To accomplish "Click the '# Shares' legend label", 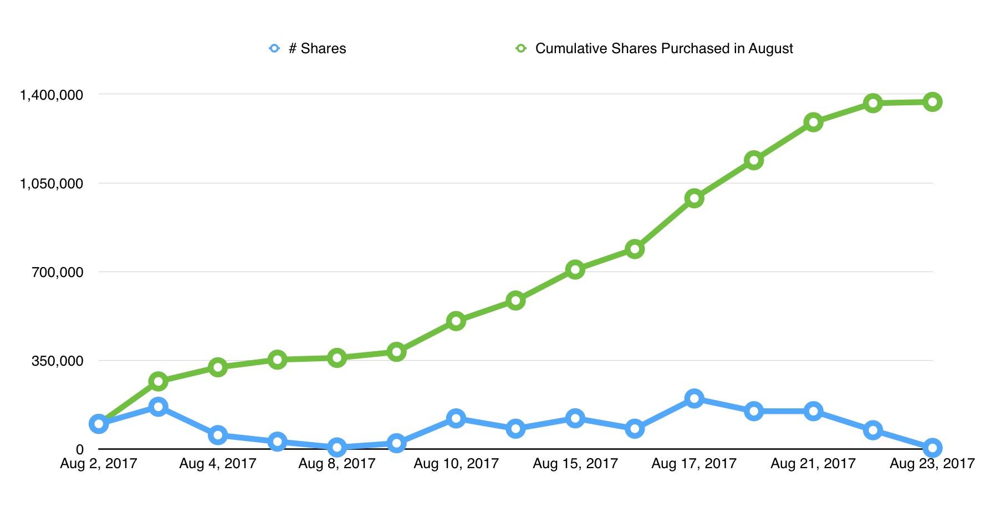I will pos(317,49).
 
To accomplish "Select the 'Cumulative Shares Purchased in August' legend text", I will pos(663,49).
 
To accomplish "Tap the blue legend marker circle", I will pos(274,49).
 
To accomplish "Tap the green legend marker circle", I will pos(520,49).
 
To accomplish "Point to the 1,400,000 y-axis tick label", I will pos(52,95).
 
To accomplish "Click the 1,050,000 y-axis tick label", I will pos(52,183).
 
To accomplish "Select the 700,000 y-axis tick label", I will pos(58,272).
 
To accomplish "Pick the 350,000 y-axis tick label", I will pos(58,361).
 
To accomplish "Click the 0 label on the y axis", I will pos(80,450).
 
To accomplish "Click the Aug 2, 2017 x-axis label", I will pos(99,464).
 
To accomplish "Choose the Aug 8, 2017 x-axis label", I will pos(337,464).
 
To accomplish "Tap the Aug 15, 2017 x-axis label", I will pos(575,464).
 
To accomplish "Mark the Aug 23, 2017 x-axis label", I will pos(932,464).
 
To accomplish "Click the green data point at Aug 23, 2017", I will pos(932,102).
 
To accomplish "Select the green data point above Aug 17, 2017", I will pos(694,198).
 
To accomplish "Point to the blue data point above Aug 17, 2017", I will pos(694,398).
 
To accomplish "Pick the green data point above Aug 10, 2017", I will pos(456,321).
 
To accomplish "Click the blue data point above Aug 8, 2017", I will pos(337,447).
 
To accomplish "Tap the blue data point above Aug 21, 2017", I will pos(813,411).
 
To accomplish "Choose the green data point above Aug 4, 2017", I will pos(218,367).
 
